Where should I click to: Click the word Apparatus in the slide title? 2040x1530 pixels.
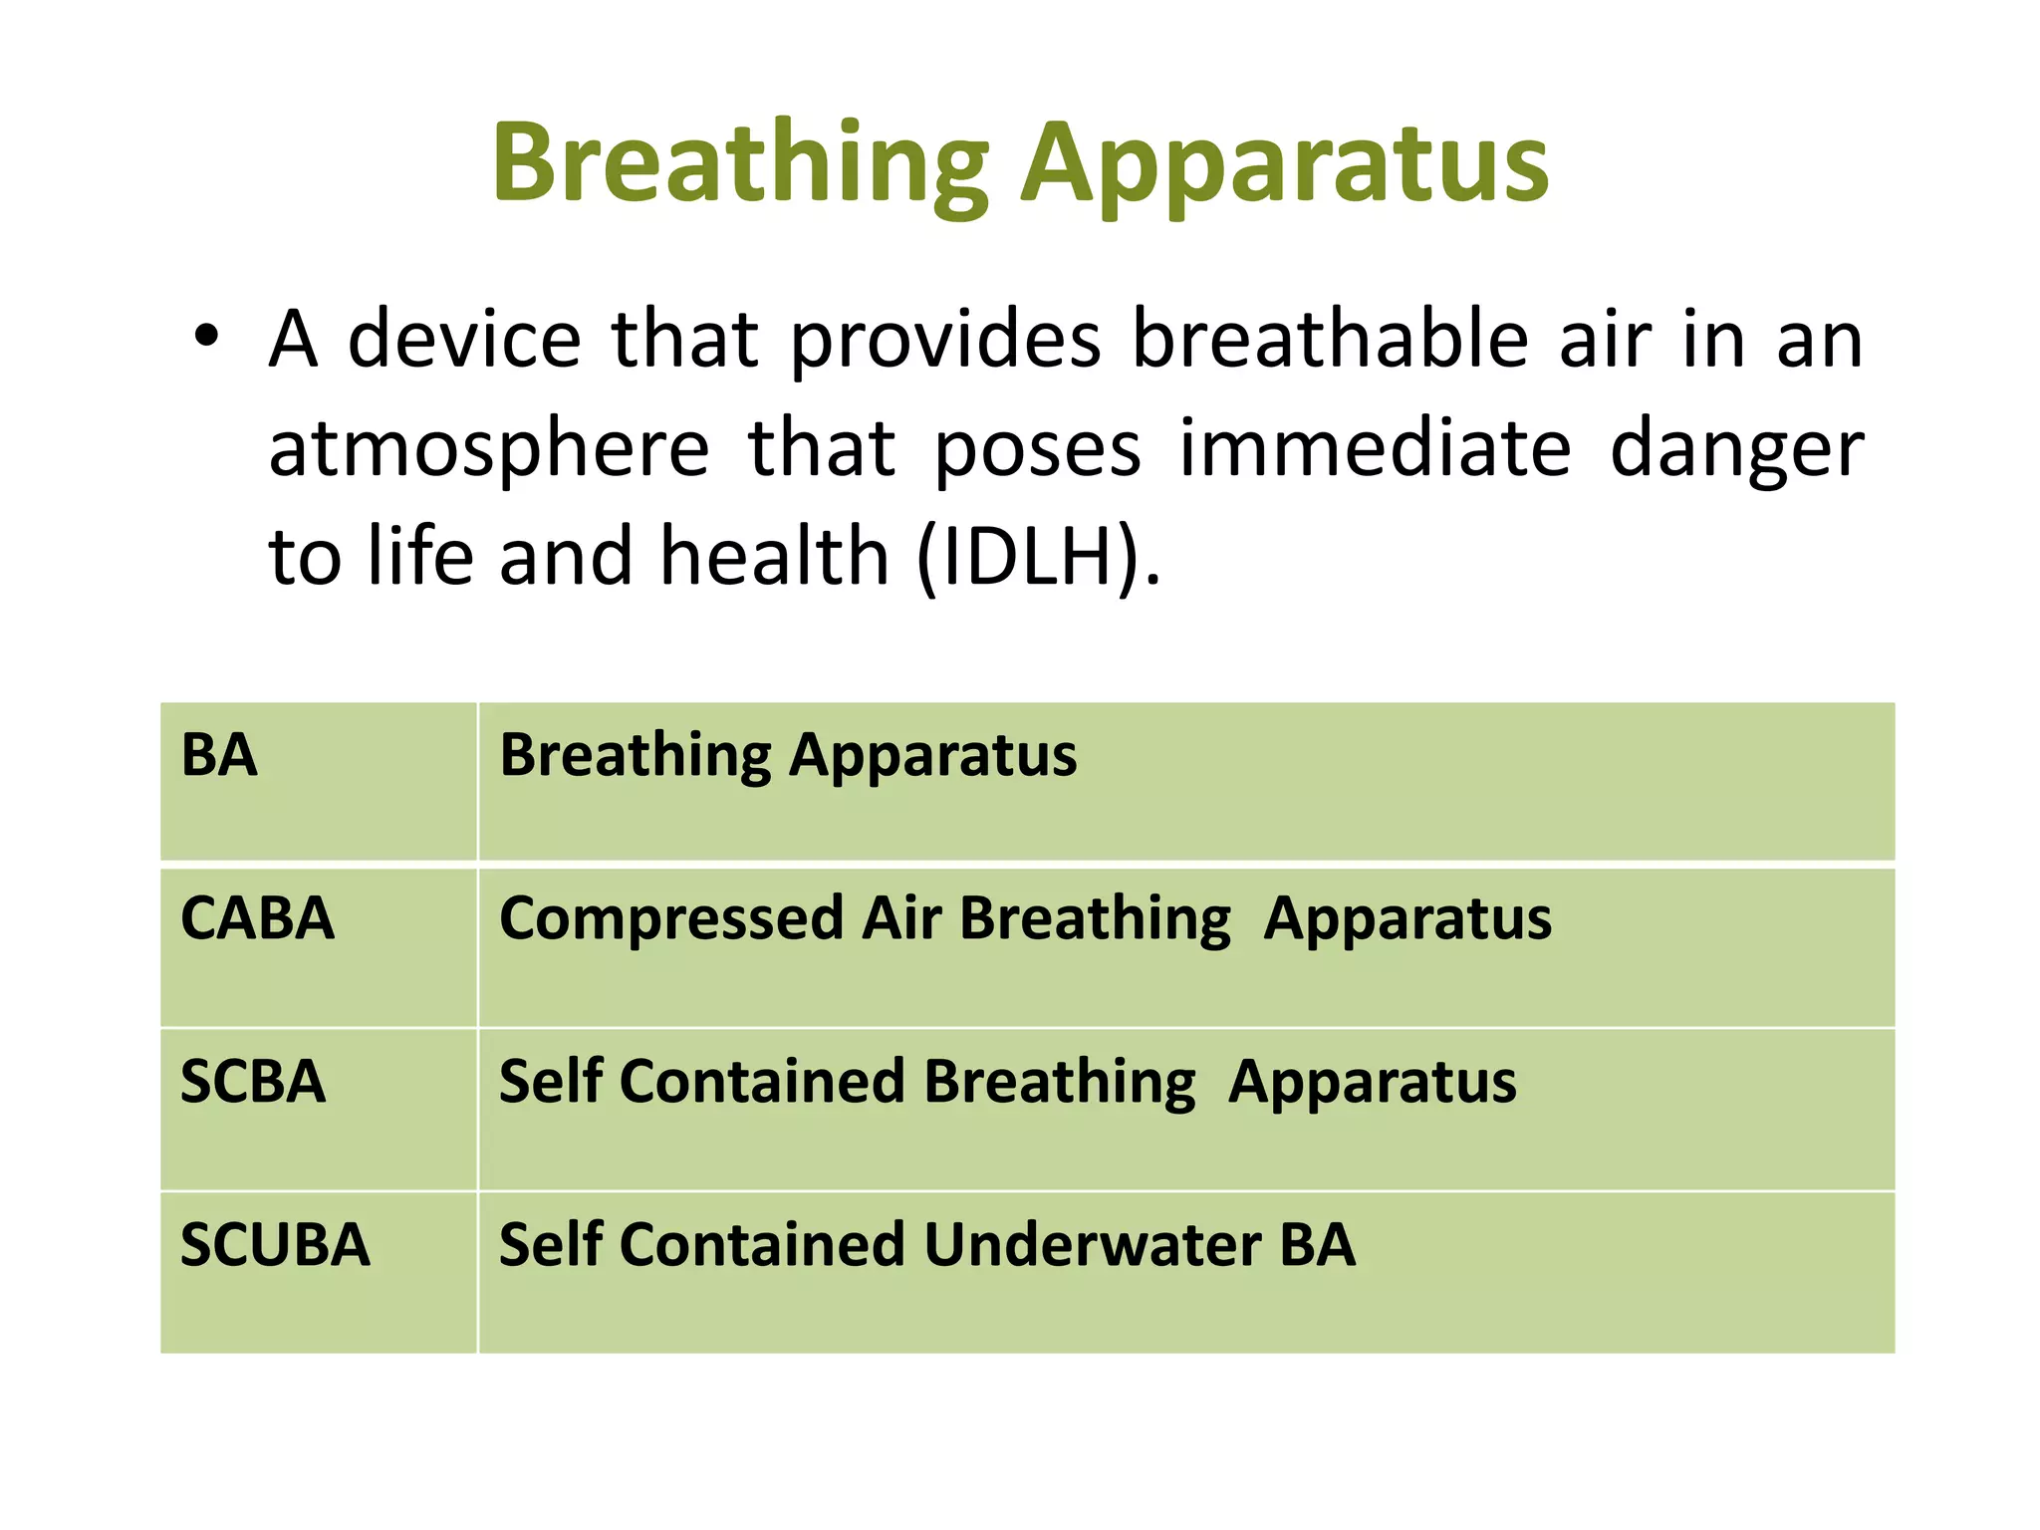[1285, 164]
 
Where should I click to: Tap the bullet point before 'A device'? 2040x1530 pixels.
[206, 338]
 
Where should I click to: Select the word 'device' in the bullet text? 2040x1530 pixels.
[464, 340]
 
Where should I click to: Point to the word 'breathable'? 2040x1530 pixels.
[1331, 340]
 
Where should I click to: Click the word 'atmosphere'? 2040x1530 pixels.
[489, 448]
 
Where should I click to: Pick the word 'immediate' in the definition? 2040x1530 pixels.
[1375, 448]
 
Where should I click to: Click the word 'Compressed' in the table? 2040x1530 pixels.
[671, 918]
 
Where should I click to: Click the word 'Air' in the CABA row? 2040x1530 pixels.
[900, 918]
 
